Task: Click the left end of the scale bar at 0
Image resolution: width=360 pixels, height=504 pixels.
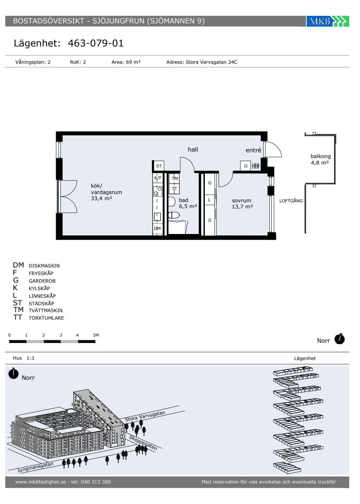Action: coord(9,342)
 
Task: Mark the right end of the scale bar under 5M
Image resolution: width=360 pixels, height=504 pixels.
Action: coord(95,342)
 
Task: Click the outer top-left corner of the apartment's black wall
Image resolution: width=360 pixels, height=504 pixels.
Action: coord(56,132)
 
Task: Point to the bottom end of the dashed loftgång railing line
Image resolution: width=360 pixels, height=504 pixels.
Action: coord(305,233)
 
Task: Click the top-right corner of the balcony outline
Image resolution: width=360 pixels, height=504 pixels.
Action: coord(336,134)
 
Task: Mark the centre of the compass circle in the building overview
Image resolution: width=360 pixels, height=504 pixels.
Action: coord(13,374)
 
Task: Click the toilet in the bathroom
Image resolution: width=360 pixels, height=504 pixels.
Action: coord(174,215)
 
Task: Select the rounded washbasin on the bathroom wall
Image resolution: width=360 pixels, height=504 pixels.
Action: coord(172,202)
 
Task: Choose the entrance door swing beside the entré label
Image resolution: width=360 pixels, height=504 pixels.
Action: coord(273,149)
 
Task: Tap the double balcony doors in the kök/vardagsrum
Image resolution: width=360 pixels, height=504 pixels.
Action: coord(68,197)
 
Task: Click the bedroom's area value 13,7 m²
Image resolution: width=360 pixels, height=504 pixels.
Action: coord(242,207)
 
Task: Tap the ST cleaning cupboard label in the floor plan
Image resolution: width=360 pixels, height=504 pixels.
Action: coord(159,166)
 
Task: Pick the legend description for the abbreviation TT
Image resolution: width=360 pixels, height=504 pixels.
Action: coord(46,318)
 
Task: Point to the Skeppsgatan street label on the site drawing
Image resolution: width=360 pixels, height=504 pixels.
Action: coord(143,442)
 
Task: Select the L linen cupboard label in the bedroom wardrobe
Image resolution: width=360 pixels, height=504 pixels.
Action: coord(210,200)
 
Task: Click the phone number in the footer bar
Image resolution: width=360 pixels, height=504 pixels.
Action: coord(96,482)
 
